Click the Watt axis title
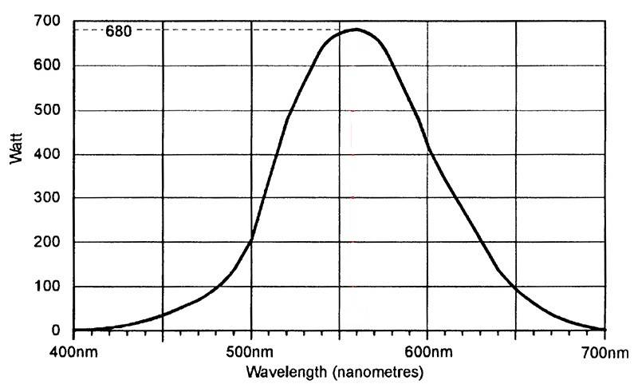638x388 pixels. [18, 148]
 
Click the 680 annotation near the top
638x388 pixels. [119, 33]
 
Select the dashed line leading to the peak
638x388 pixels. [239, 31]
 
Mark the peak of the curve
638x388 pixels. [356, 30]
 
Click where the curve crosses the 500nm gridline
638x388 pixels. [251, 240]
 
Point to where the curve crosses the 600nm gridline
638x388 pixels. [427, 148]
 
